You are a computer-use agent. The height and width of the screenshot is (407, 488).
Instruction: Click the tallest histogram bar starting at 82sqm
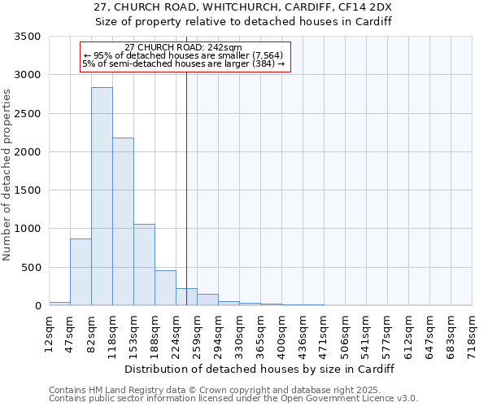click(x=102, y=196)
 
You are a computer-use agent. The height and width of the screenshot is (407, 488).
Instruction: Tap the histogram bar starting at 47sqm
click(x=81, y=272)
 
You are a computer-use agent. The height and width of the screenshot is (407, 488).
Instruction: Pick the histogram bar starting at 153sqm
click(x=144, y=265)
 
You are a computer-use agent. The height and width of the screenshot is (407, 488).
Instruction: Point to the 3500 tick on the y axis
click(x=30, y=37)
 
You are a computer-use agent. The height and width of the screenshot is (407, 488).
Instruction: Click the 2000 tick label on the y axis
click(x=30, y=152)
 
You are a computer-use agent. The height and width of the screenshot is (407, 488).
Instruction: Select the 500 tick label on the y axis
click(x=33, y=268)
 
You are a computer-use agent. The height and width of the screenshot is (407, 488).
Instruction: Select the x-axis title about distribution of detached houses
click(x=259, y=369)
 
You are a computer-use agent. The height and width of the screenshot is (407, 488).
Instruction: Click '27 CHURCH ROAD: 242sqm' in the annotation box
click(x=184, y=48)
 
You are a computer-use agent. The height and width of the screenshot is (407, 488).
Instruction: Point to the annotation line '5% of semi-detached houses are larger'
click(x=184, y=64)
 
